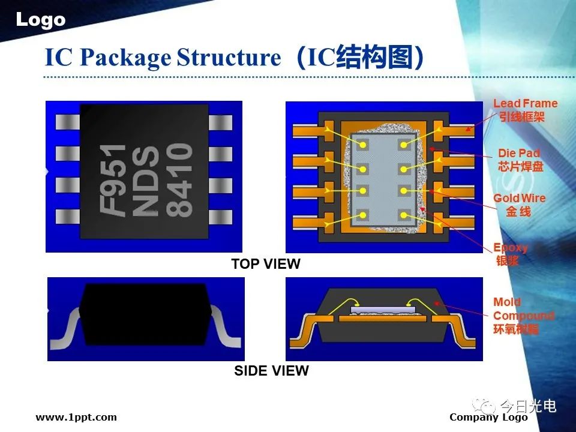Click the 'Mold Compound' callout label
[x=523, y=316]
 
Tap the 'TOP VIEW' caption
[x=266, y=264]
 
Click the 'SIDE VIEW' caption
[x=271, y=371]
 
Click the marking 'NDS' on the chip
[x=145, y=181]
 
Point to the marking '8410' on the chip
[x=179, y=179]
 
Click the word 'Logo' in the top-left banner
[x=40, y=20]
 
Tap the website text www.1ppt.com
[x=76, y=417]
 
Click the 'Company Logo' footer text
[x=488, y=418]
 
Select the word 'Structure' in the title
[x=229, y=58]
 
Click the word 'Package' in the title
[x=125, y=58]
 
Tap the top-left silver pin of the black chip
[x=68, y=122]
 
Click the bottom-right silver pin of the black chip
[x=220, y=217]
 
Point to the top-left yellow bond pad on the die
[x=363, y=145]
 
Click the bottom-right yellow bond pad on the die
[x=404, y=215]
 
